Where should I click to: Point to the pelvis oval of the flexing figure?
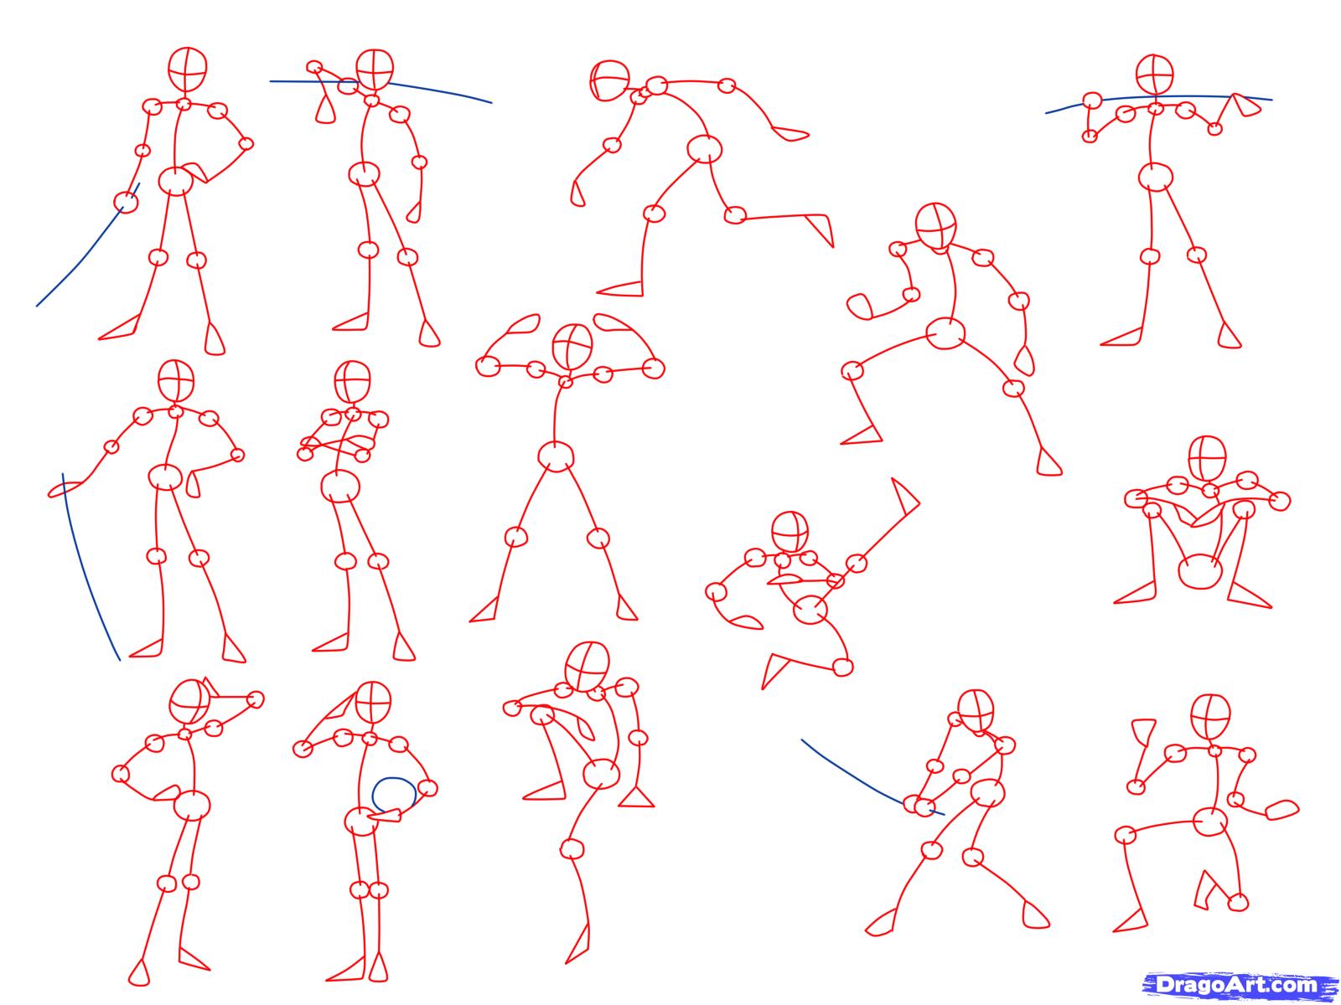click(x=556, y=456)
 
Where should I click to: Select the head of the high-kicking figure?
click(x=790, y=531)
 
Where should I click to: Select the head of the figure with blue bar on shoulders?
click(x=1155, y=75)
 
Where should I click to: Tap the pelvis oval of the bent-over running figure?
click(x=705, y=149)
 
